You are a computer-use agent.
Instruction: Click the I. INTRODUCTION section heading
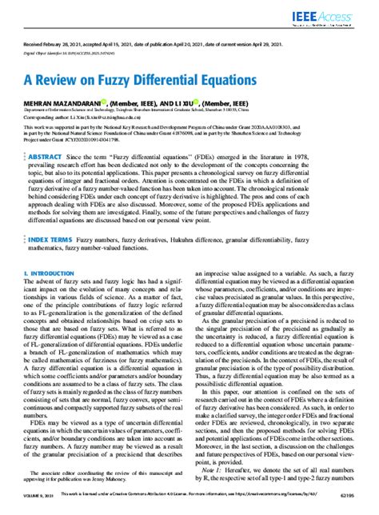click(x=48, y=273)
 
